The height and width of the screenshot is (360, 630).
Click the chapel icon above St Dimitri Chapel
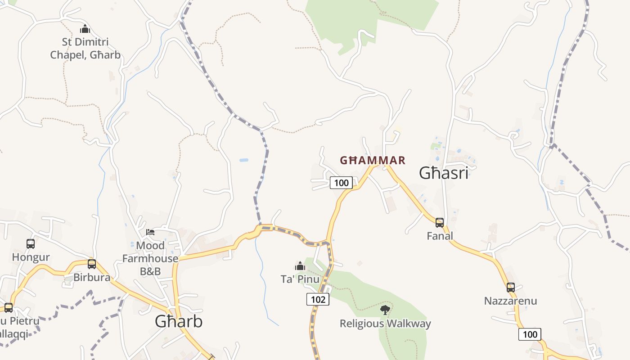point(85,29)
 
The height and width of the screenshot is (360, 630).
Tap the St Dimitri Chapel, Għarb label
point(85,49)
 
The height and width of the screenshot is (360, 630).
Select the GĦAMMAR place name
point(373,160)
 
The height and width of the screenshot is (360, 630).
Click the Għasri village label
point(444,173)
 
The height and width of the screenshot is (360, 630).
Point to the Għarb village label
point(179,321)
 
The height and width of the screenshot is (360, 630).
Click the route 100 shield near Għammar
point(341,183)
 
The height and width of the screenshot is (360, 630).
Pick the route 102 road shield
point(318,299)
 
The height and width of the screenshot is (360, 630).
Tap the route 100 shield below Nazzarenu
point(530,334)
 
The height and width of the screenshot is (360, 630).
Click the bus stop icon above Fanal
point(440,222)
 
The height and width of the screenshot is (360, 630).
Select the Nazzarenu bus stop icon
point(511,287)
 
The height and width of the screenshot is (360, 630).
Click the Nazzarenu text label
point(511,301)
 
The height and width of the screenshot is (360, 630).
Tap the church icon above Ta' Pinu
point(300,266)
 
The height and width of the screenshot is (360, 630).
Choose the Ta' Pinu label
point(300,279)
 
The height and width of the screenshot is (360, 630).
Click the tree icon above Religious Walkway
point(385,310)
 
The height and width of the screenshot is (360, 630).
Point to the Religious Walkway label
point(385,324)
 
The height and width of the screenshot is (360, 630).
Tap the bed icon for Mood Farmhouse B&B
point(150,232)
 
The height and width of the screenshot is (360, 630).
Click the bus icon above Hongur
point(31,244)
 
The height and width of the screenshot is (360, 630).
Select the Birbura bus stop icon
point(92,264)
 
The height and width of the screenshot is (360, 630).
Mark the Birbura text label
point(92,277)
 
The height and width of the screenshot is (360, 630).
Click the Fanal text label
point(440,236)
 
